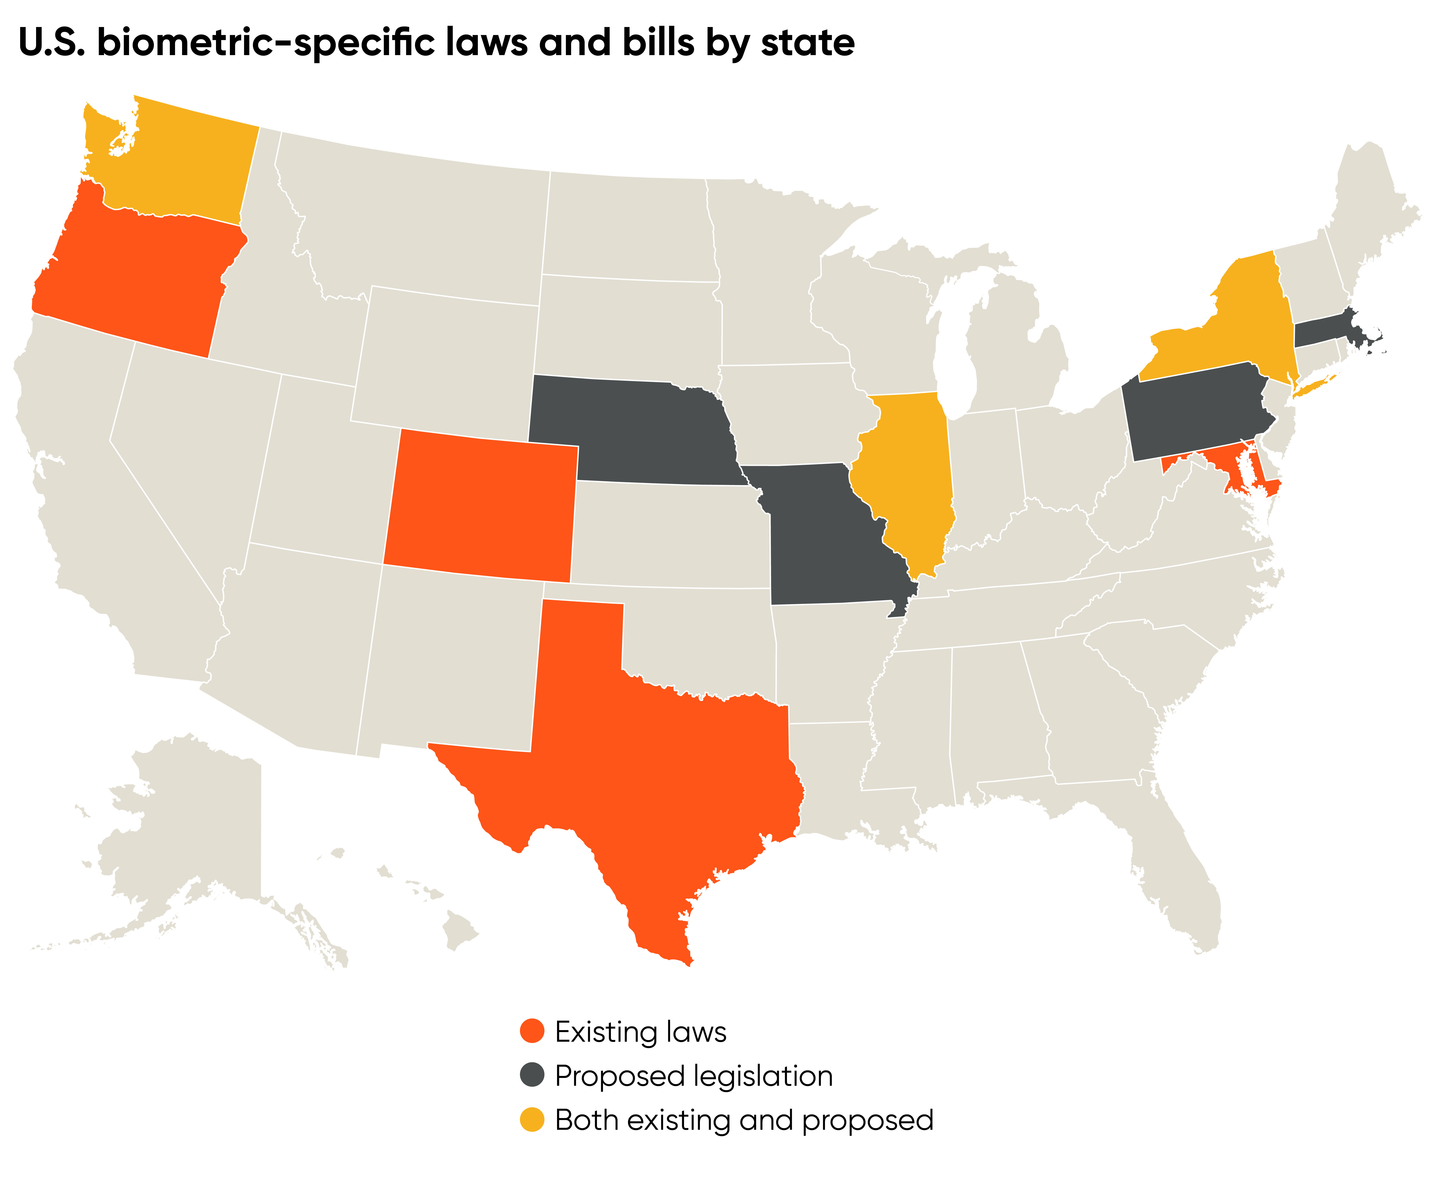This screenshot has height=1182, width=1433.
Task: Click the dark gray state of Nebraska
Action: (633, 429)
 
